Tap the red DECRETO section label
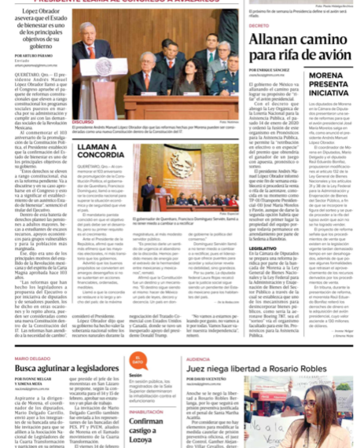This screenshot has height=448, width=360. click(259, 26)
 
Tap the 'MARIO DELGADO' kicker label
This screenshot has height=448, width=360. click(32, 357)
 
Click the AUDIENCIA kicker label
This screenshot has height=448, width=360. click(198, 358)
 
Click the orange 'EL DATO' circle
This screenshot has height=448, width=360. click(138, 363)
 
